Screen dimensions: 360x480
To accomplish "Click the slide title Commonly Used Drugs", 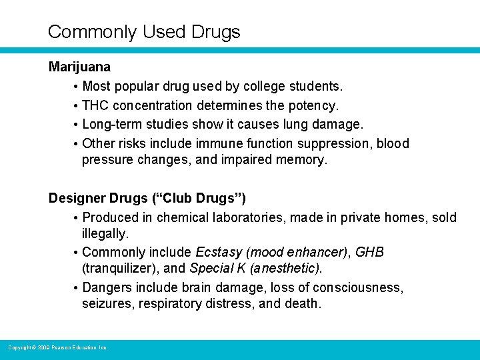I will click(144, 31).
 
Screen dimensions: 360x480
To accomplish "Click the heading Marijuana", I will click(79, 67).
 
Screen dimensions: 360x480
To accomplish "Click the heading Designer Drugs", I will click(99, 198).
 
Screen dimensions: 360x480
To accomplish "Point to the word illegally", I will click(105, 234).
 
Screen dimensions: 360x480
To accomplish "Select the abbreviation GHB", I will click(370, 253).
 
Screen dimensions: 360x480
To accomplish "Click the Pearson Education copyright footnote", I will click(58, 347).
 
